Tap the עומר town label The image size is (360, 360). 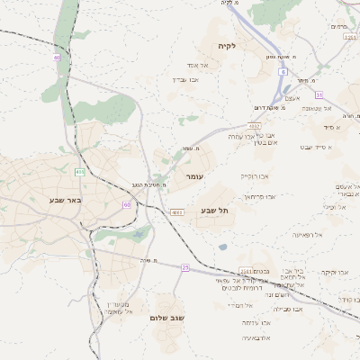tap(195, 177)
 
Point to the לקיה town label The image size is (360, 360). tap(226, 45)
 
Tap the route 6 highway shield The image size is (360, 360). tap(282, 70)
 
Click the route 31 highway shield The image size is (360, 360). tap(318, 94)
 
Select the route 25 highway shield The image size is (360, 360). tap(185, 267)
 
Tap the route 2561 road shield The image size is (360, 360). tap(247, 270)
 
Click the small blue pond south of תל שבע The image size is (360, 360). tap(222, 247)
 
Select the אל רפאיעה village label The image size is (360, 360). tap(283, 234)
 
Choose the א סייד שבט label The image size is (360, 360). tap(317, 147)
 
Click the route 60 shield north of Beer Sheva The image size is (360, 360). tap(57, 58)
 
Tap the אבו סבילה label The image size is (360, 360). tap(290, 309)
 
